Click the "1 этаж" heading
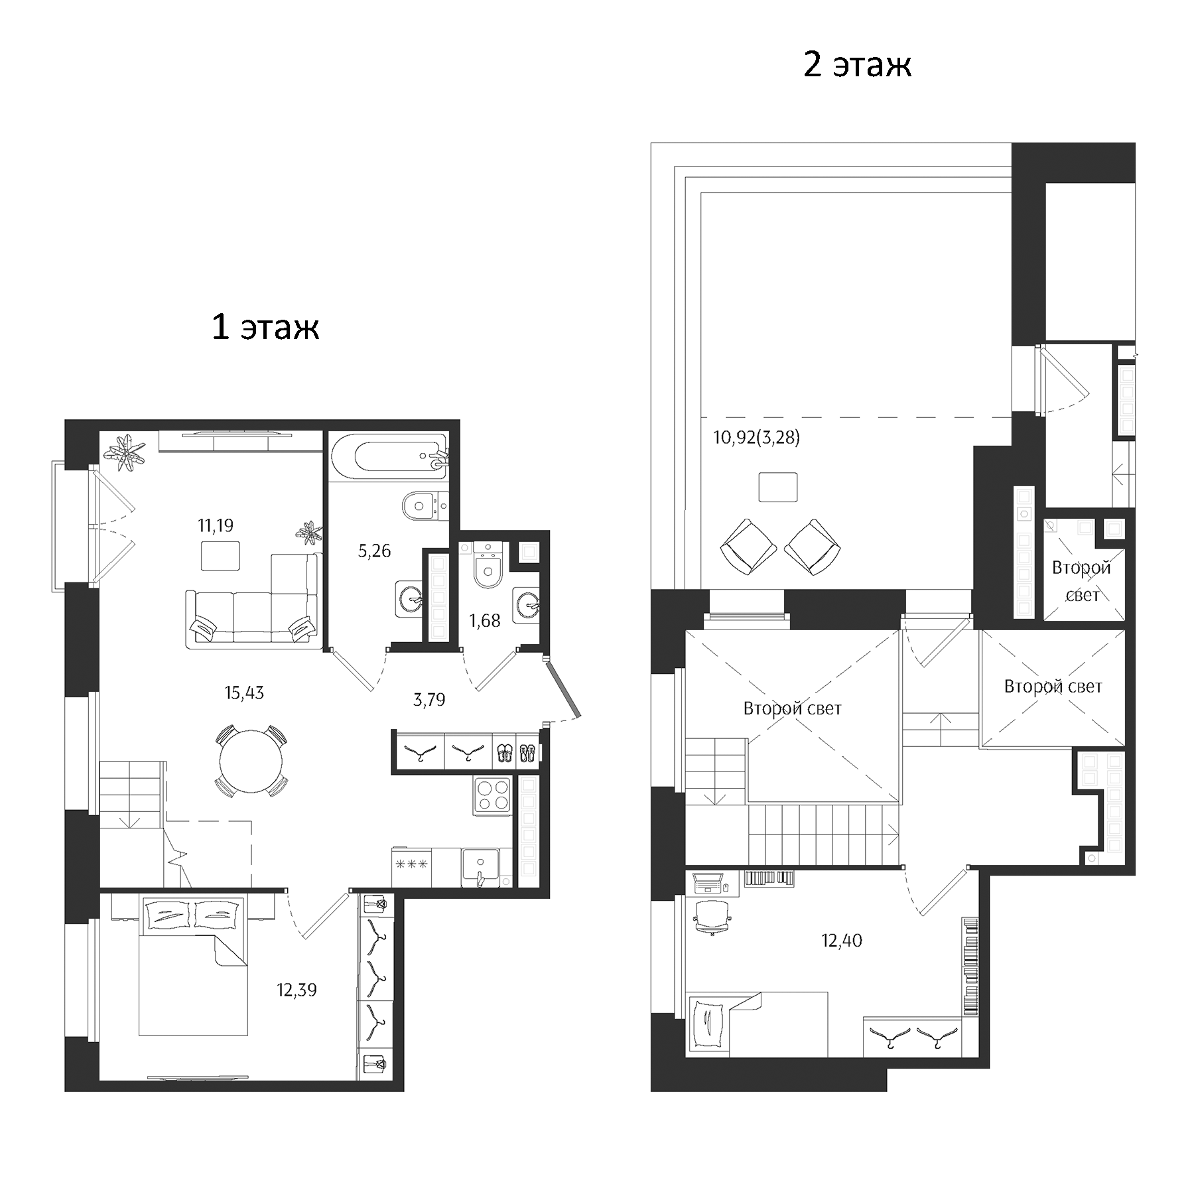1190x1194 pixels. click(265, 328)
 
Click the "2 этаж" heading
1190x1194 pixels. click(856, 65)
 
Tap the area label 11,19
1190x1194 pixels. click(216, 526)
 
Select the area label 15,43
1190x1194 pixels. click(244, 693)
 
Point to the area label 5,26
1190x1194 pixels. click(374, 551)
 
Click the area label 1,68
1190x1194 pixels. click(484, 621)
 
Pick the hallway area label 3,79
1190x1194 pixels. click(429, 700)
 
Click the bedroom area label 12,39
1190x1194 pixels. click(297, 990)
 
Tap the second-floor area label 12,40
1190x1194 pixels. click(842, 941)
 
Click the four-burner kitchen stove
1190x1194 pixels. click(492, 795)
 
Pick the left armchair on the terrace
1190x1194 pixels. click(748, 547)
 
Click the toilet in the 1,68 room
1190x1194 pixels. click(488, 568)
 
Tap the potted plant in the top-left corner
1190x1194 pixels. click(126, 453)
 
